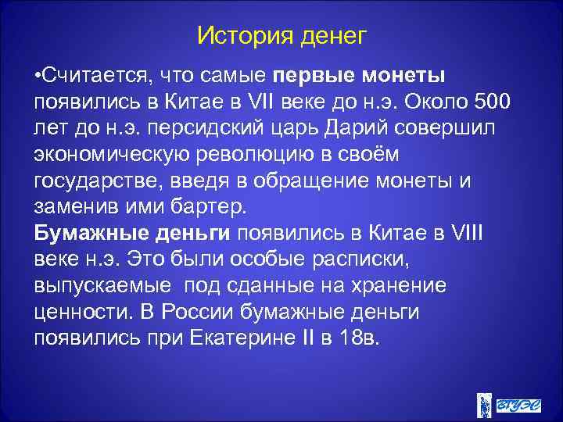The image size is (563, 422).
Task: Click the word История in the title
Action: pyautogui.click(x=239, y=35)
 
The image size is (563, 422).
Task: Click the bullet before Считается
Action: pyautogui.click(x=38, y=76)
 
